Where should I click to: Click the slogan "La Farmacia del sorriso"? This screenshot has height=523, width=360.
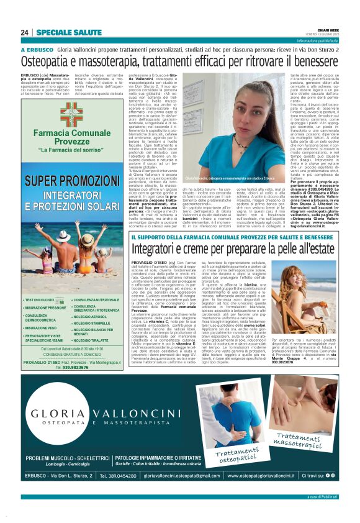tap(71, 150)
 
